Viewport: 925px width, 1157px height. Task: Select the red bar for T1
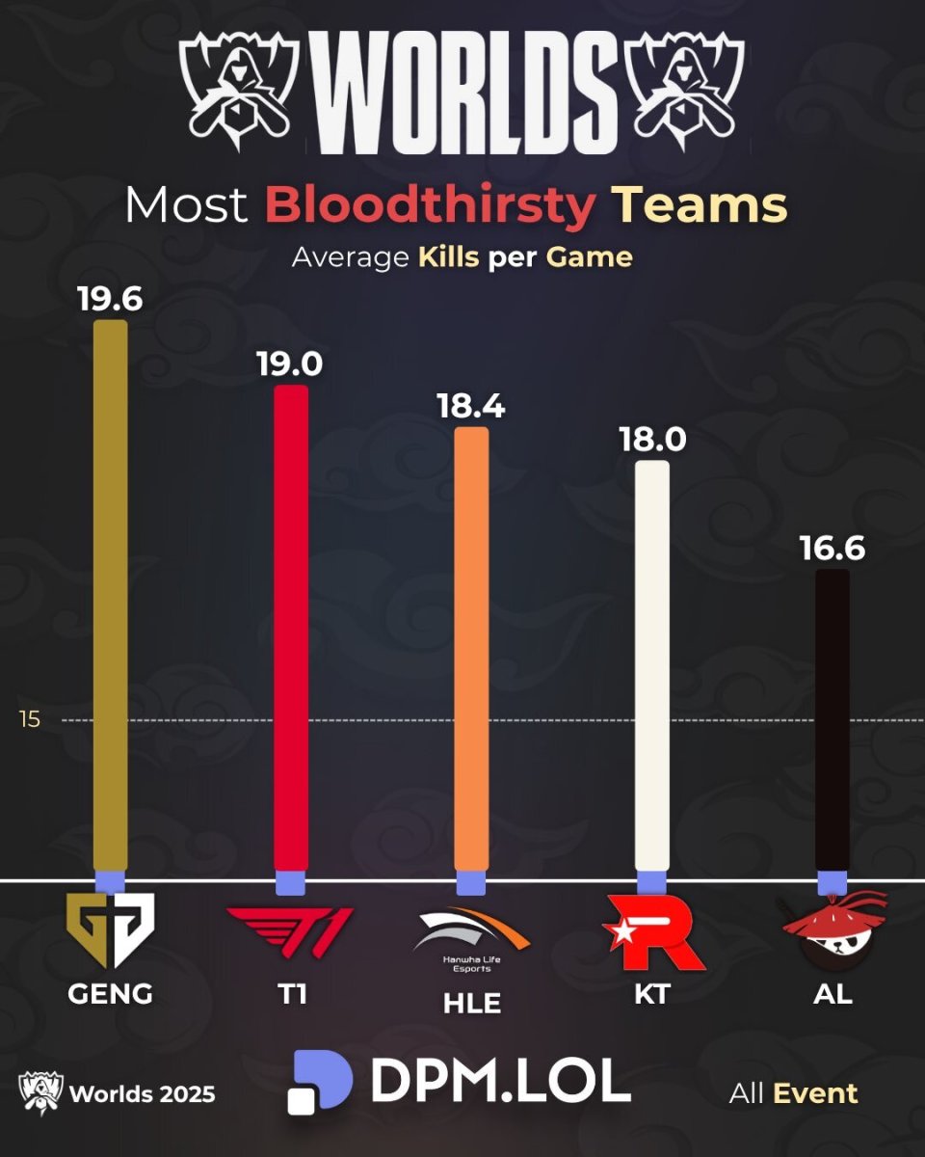291,627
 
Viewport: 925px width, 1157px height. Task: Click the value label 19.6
110,298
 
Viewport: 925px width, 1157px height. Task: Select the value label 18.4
470,406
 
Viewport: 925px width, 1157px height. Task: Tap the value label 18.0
652,440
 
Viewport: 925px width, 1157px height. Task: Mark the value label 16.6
832,549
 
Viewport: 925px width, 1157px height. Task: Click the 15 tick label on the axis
30,719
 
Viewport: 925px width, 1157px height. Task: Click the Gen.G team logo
110,930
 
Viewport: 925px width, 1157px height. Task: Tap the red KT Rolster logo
653,931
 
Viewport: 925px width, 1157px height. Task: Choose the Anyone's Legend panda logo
833,928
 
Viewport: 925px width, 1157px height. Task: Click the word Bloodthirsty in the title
430,205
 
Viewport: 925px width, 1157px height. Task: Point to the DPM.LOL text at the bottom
500,1082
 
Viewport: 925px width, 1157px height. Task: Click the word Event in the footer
815,1093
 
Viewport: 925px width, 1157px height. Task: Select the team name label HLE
472,1003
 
